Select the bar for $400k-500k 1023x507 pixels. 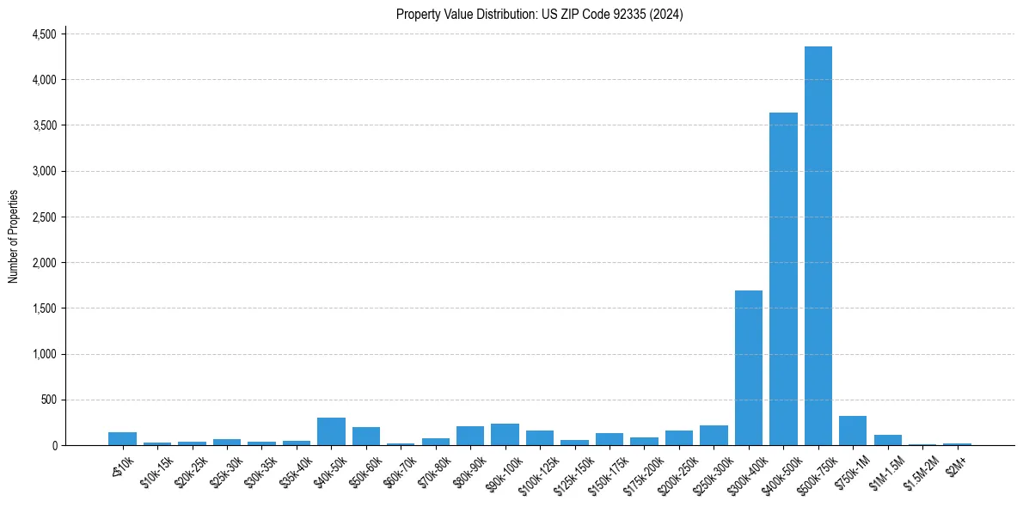click(783, 278)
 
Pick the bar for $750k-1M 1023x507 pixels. click(853, 431)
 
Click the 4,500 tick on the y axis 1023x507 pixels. click(44, 34)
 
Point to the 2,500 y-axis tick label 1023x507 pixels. click(44, 217)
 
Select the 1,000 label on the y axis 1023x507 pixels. click(44, 354)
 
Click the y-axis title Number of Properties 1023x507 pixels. click(14, 236)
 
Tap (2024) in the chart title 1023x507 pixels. click(666, 14)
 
